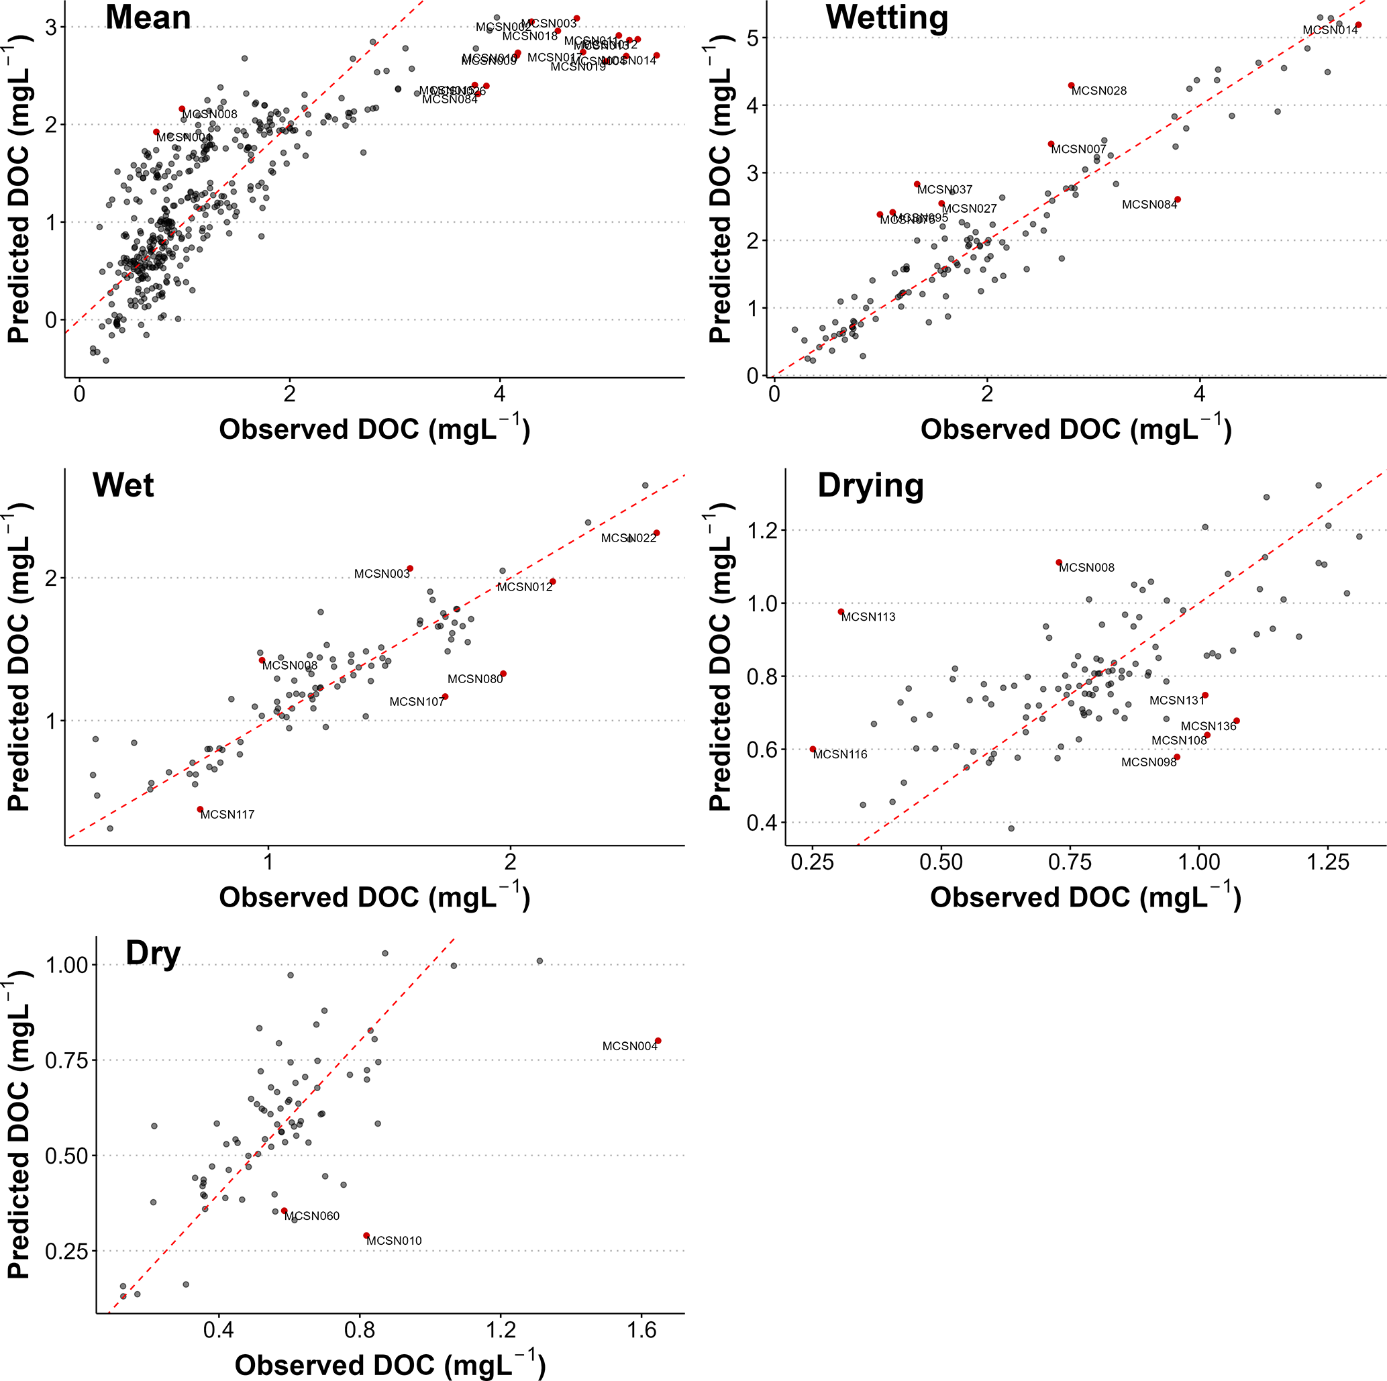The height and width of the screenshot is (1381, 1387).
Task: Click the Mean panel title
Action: [148, 17]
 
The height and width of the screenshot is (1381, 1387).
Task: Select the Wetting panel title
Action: [886, 17]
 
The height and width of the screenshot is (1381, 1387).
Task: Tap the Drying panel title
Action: [870, 485]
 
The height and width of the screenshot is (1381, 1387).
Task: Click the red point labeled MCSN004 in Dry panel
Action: [658, 1041]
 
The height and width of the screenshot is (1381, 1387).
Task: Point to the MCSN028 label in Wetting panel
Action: [1099, 91]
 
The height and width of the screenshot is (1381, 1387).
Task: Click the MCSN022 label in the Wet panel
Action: [629, 538]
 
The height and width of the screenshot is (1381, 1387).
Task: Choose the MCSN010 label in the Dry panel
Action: [394, 1240]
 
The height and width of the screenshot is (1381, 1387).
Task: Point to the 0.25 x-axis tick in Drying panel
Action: [813, 862]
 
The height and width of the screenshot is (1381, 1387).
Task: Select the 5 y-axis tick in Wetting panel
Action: [752, 38]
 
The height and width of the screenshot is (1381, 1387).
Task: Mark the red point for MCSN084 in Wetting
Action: [1178, 199]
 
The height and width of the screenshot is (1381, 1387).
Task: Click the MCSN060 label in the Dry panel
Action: [312, 1216]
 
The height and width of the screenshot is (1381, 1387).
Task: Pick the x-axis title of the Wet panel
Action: [374, 898]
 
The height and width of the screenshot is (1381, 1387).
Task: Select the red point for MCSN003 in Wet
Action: [410, 568]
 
